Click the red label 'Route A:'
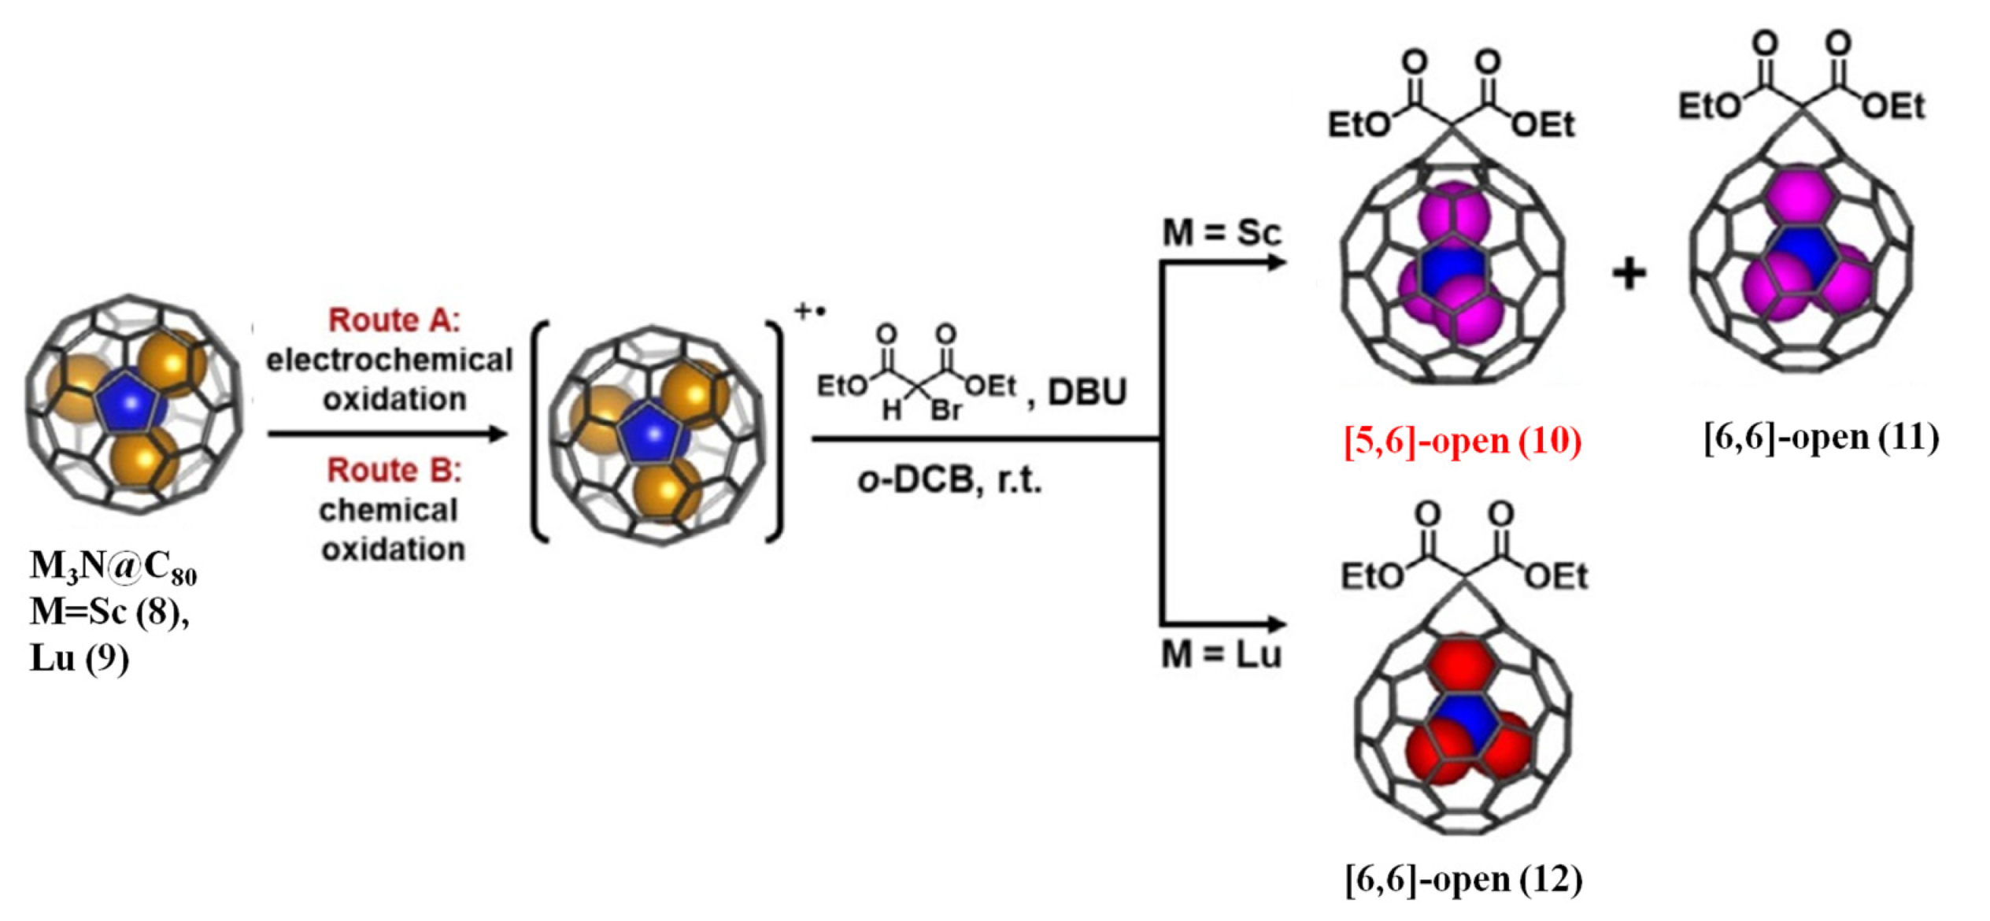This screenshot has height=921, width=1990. tap(394, 320)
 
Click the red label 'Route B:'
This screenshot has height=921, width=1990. tap(394, 470)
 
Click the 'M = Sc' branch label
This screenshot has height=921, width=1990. tap(1222, 233)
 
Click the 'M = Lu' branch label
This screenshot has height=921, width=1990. tap(1222, 655)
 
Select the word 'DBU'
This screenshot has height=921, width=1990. tap(1087, 391)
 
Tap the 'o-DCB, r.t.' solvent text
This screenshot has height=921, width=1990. tap(949, 479)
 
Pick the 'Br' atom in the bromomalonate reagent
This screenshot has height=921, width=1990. tap(945, 411)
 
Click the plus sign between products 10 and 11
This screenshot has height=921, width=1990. tap(1629, 274)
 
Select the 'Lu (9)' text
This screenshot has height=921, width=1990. tap(79, 658)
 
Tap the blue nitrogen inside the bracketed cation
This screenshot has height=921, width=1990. tap(653, 433)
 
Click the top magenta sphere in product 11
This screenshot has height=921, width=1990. tap(1800, 194)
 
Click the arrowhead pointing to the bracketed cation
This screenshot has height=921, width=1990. tap(497, 434)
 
